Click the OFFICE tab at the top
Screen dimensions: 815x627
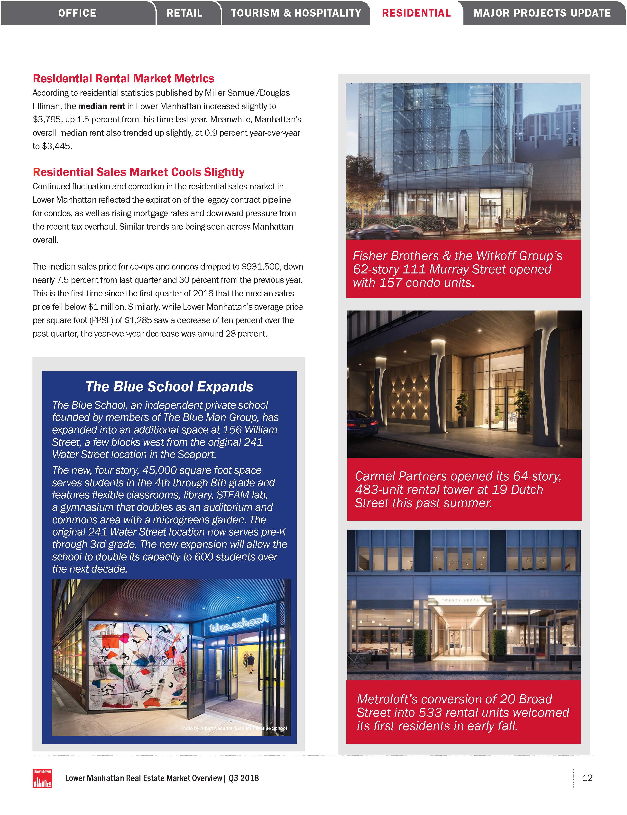(77, 13)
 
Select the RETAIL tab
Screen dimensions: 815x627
(184, 13)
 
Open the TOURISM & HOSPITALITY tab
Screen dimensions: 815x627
(296, 13)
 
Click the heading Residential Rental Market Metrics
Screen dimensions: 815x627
(123, 78)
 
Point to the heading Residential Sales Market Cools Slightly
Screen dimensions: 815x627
(138, 172)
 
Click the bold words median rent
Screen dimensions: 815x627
(101, 106)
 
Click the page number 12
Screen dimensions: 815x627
(587, 778)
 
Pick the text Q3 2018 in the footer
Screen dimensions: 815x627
(244, 778)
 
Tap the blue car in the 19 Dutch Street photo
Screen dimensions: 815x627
(362, 424)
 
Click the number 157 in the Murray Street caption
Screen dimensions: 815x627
(391, 283)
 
